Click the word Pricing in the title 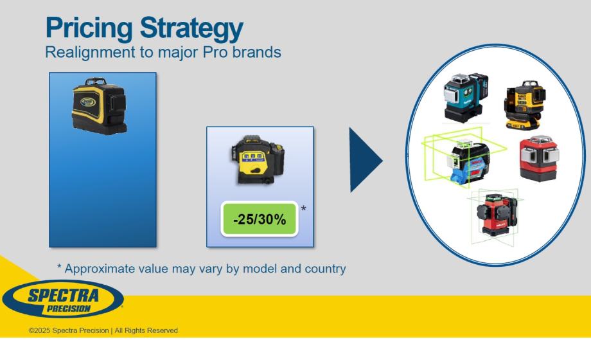coord(89,28)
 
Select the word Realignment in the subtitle coord(90,53)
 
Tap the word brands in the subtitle coord(257,52)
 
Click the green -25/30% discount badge coord(260,219)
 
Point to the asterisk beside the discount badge coord(303,208)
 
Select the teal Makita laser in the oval coord(466,97)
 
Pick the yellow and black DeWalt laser coord(525,105)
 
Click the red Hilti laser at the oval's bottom coord(495,214)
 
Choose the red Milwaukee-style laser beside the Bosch coord(538,158)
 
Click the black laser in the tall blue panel coord(99,106)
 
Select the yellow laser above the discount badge coord(258,159)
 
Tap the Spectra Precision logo coord(63,299)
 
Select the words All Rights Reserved coord(146,330)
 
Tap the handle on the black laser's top coord(96,81)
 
